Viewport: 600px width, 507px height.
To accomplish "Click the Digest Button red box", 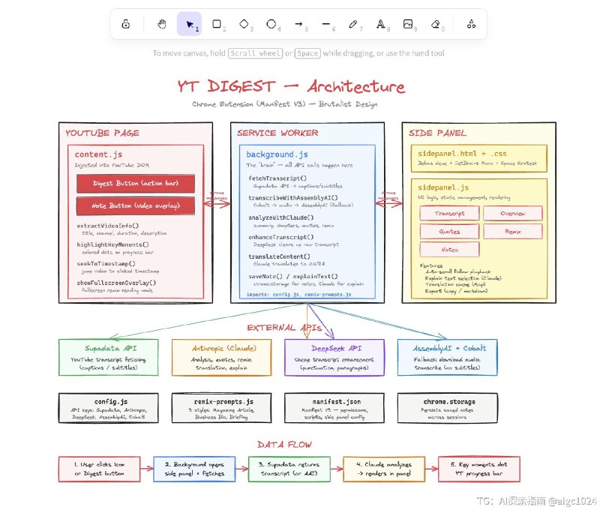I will [136, 183].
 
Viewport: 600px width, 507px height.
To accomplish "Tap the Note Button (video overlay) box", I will [136, 205].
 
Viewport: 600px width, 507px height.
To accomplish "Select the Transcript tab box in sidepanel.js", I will [448, 214].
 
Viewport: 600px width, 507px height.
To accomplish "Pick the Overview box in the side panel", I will [512, 214].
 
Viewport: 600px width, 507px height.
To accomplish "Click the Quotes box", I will [448, 232].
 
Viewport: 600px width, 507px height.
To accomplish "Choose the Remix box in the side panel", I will [512, 232].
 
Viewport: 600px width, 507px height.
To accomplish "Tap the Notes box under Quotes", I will [448, 250].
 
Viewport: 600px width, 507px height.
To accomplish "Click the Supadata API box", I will [109, 357].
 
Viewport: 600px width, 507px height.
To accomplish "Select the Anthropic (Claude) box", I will [221, 357].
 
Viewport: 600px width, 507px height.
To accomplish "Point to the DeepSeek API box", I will [334, 357].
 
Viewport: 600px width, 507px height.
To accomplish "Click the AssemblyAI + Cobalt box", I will [446, 357].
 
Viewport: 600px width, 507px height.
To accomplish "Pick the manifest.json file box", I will [334, 409].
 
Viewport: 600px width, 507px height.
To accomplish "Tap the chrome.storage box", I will [446, 409].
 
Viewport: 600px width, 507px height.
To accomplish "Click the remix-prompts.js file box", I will [221, 409].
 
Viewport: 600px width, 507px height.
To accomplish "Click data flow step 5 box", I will [480, 469].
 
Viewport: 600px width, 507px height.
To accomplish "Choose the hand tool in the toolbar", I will [161, 24].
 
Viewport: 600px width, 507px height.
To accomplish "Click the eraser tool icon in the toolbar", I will [436, 24].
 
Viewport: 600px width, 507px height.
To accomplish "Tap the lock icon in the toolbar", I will [125, 24].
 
